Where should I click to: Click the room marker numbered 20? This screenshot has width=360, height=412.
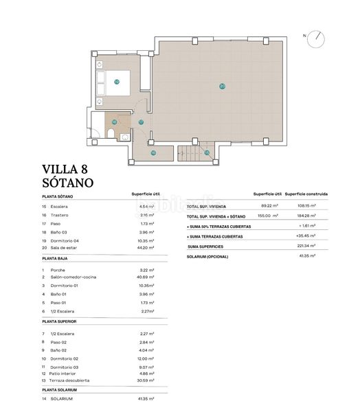222,87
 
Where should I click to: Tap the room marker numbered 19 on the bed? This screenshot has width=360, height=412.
117,82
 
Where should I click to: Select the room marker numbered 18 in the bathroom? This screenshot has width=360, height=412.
114,122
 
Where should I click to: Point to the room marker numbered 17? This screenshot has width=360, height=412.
141,122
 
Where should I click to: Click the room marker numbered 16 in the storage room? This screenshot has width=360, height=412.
153,152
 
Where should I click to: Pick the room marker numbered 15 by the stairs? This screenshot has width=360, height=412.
206,152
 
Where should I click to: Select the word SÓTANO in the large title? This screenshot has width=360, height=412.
68,183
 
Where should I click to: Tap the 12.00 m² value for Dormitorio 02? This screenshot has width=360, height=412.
146,358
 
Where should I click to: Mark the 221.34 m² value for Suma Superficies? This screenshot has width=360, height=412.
306,245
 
